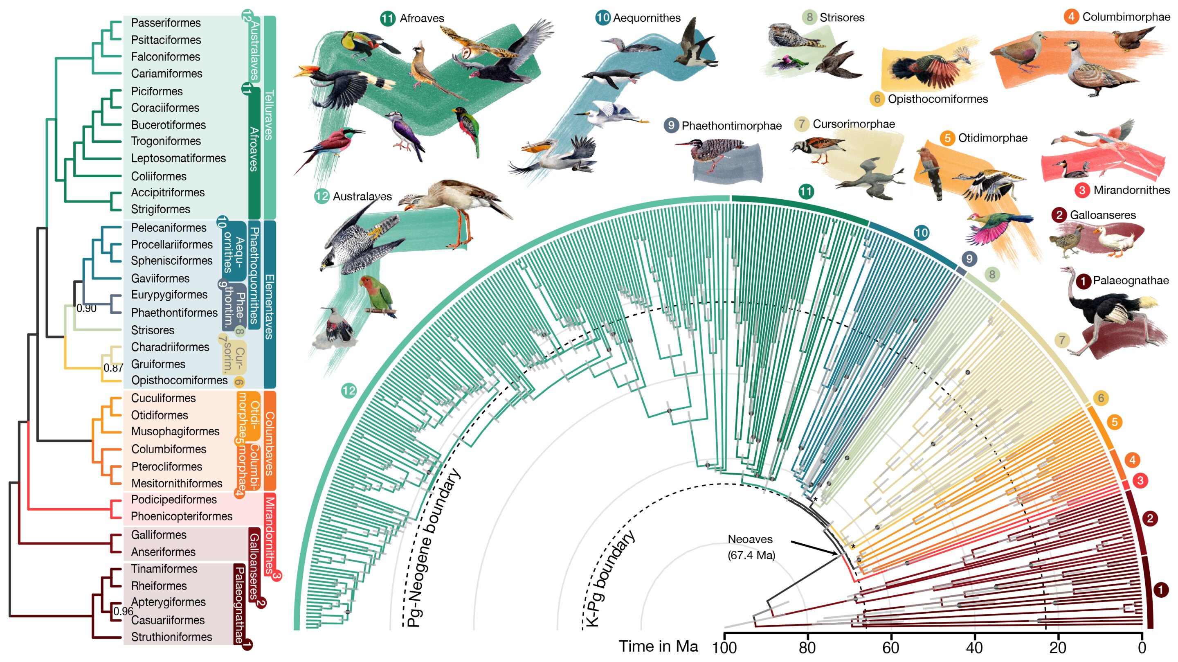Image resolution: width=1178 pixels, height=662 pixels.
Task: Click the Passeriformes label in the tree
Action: click(x=166, y=23)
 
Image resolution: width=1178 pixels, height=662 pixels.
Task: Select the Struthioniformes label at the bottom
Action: click(x=171, y=637)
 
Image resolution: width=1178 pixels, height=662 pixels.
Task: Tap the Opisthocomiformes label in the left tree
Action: click(x=179, y=380)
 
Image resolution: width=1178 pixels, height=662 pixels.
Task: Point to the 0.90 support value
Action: click(x=86, y=308)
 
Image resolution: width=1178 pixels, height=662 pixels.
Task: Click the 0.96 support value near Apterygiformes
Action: click(x=123, y=611)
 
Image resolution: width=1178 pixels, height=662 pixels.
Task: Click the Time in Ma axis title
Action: click(x=658, y=646)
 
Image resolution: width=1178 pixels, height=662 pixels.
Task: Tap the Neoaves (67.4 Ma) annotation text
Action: click(x=751, y=547)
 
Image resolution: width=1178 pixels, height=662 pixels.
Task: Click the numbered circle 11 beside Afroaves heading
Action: click(x=388, y=18)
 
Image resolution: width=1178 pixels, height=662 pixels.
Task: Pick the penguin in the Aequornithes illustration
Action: click(x=611, y=78)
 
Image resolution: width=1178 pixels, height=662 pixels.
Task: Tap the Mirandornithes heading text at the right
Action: click(x=1131, y=190)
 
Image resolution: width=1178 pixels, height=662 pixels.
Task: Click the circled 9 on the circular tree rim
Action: click(x=969, y=259)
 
